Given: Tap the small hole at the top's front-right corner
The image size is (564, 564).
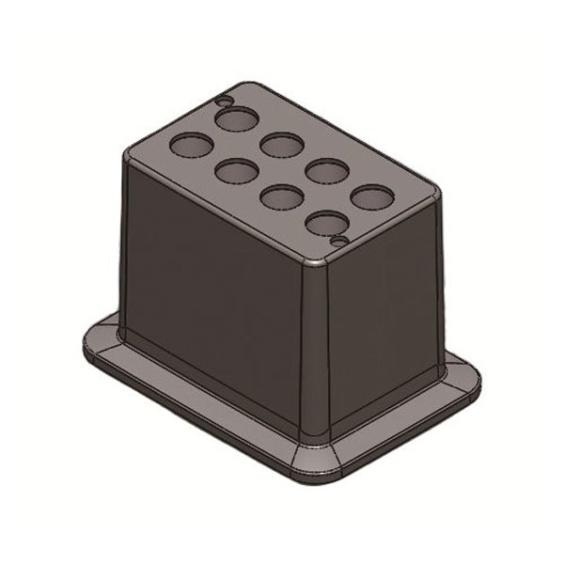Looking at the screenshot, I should point(340,242).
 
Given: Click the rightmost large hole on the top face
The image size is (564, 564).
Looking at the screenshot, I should point(371,197).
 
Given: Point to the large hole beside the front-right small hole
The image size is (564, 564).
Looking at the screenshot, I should point(325,223).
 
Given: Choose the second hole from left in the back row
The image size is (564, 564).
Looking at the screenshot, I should point(280,145).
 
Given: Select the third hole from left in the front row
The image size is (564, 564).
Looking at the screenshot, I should point(280,197).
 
